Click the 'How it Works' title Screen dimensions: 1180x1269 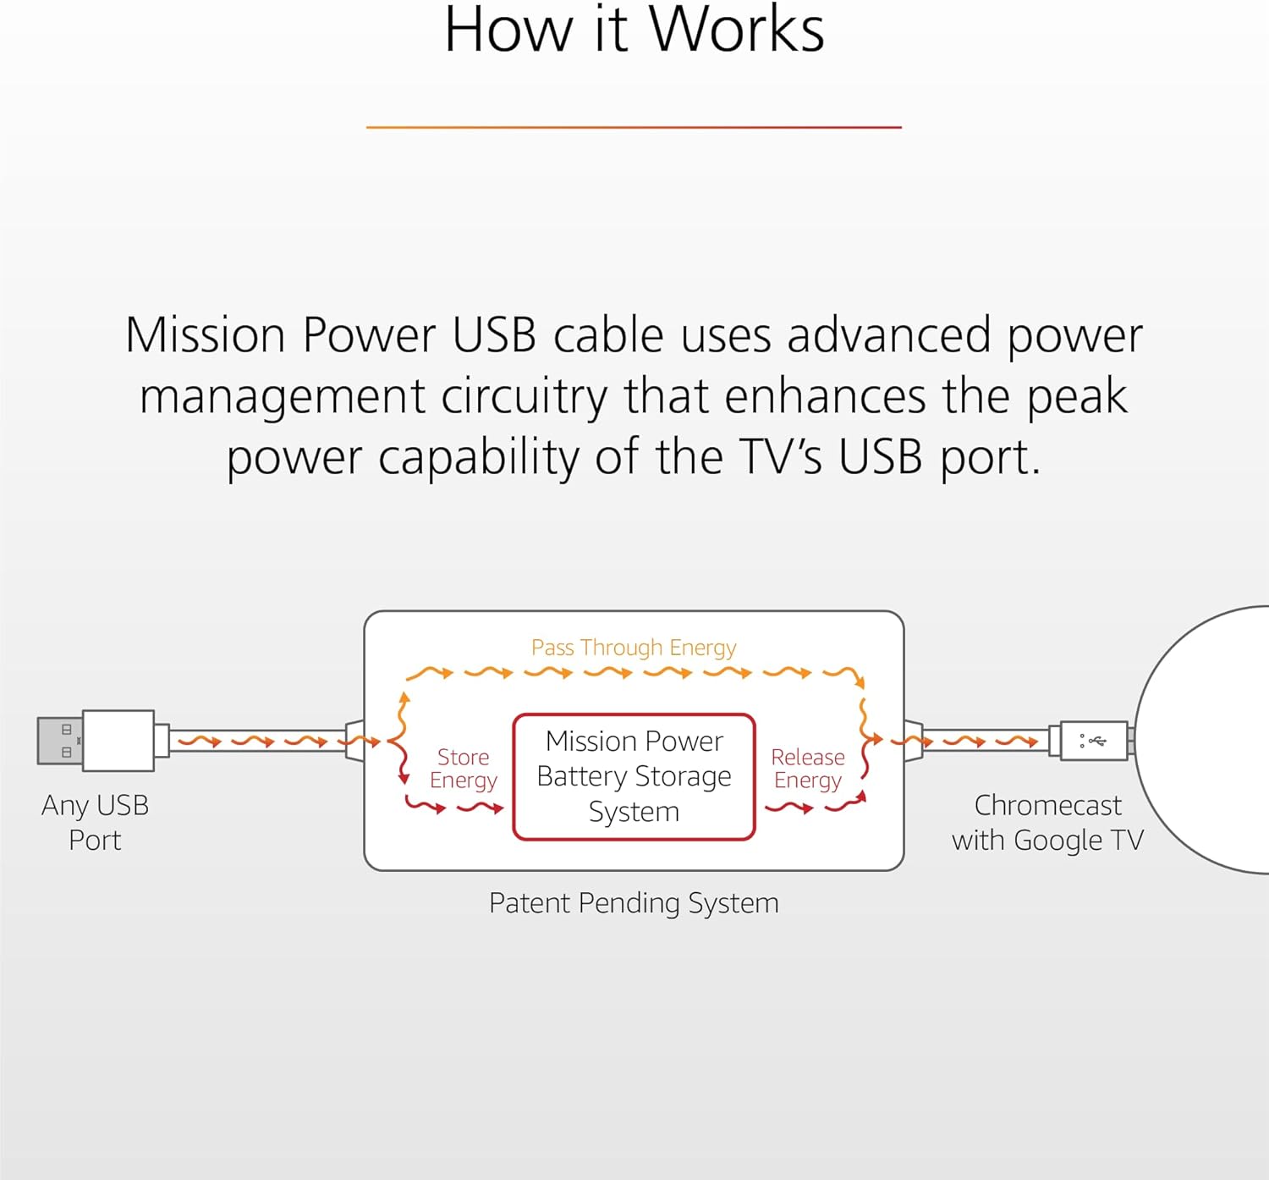[x=634, y=30]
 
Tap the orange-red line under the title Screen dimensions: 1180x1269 [x=634, y=127]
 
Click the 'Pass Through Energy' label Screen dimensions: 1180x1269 [x=634, y=648]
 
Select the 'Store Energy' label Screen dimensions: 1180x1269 [x=463, y=769]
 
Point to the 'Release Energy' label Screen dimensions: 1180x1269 [x=808, y=769]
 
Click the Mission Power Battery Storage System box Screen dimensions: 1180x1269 [x=634, y=776]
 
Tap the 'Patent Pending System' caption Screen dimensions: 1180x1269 [x=634, y=903]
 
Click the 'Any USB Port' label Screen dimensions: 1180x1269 [x=95, y=822]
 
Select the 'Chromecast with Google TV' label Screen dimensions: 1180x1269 [x=1047, y=822]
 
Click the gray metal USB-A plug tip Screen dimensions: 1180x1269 [x=59, y=741]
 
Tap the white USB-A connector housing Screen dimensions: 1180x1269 [x=118, y=741]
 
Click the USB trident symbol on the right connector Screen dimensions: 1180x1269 [x=1096, y=742]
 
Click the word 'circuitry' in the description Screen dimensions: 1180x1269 [x=524, y=396]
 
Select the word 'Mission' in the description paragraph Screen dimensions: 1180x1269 [x=206, y=335]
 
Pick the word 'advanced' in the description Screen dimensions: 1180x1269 [x=888, y=335]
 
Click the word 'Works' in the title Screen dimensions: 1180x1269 [x=736, y=30]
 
